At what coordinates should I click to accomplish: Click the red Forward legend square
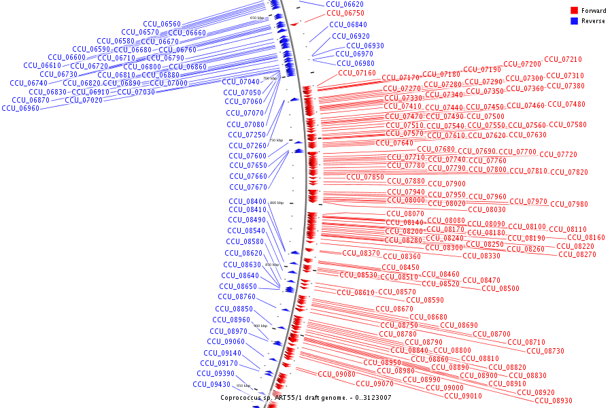pyautogui.click(x=575, y=11)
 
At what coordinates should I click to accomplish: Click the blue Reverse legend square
pyautogui.click(x=575, y=21)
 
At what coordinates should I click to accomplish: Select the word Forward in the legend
pyautogui.click(x=594, y=11)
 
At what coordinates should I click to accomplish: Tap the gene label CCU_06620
pyautogui.click(x=345, y=4)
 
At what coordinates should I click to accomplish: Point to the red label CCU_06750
pyautogui.click(x=345, y=13)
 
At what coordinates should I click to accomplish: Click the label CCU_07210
pyautogui.click(x=563, y=60)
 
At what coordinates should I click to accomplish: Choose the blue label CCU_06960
pyautogui.click(x=20, y=109)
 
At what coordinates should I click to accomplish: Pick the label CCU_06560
pyautogui.click(x=162, y=24)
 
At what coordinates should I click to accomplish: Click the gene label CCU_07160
pyautogui.click(x=356, y=73)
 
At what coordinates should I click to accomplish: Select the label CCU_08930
pyautogui.click(x=554, y=401)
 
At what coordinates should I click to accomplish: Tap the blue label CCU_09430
pyautogui.click(x=211, y=384)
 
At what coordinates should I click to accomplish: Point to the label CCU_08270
pyautogui.click(x=577, y=255)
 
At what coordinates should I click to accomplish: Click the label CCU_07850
pyautogui.click(x=365, y=177)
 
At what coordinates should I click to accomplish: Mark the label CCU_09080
pyautogui.click(x=337, y=375)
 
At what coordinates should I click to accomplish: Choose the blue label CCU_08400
pyautogui.click(x=248, y=202)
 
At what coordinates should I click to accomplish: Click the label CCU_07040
pyautogui.click(x=241, y=82)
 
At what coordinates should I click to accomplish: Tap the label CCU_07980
pyautogui.click(x=569, y=205)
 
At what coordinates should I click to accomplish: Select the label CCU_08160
pyautogui.click(x=586, y=238)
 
